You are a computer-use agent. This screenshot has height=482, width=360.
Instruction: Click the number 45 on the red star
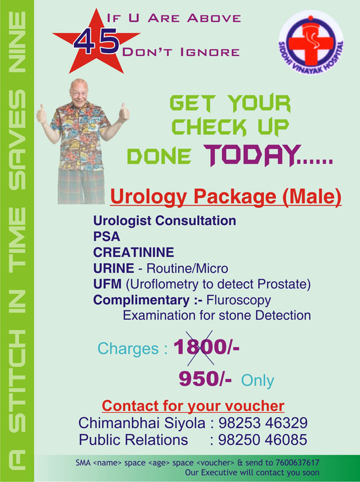(96, 41)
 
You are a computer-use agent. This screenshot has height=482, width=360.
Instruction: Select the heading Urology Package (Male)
(226, 197)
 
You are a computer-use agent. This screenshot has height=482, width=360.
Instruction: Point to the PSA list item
(107, 236)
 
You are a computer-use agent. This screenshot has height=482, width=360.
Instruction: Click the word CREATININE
(134, 252)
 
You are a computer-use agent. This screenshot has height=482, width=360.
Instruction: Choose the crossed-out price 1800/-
(206, 347)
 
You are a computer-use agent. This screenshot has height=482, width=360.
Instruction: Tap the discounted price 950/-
(205, 378)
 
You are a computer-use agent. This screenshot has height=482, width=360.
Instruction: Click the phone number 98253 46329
(263, 423)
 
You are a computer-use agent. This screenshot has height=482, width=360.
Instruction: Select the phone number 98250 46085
(263, 440)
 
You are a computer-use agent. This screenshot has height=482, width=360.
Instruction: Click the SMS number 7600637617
(297, 462)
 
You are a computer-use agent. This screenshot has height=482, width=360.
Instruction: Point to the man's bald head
(79, 85)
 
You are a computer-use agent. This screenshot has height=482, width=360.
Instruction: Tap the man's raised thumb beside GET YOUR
(124, 111)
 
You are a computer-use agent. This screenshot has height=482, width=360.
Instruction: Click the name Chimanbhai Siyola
(142, 423)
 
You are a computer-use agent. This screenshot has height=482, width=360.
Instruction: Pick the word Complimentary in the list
(141, 300)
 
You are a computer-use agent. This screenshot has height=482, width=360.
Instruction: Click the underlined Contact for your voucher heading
(193, 406)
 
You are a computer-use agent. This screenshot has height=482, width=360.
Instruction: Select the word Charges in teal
(128, 349)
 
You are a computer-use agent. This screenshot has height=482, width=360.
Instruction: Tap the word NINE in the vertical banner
(17, 42)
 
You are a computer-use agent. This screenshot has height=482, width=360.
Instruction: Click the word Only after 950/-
(257, 381)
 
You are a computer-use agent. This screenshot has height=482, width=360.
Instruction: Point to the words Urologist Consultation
(165, 221)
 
